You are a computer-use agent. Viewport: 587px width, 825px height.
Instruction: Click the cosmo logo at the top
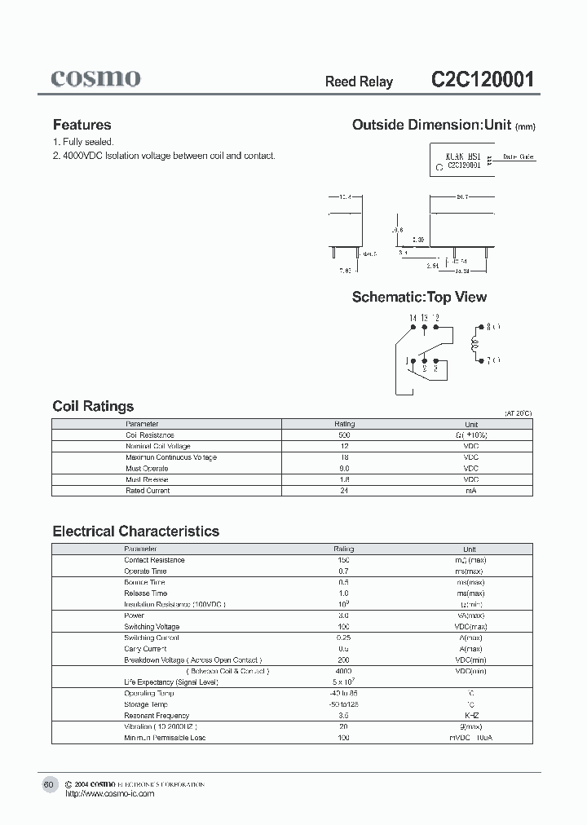(95, 78)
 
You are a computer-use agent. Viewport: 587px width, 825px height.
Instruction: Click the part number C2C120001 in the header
(482, 80)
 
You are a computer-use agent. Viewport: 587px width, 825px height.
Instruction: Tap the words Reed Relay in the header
(359, 82)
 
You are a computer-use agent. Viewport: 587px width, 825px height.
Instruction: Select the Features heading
(82, 125)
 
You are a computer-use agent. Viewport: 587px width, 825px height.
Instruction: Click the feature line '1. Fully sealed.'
(83, 142)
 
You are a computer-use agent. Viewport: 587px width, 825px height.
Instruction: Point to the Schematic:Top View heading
(419, 297)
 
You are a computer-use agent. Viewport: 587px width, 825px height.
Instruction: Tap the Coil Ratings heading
(93, 406)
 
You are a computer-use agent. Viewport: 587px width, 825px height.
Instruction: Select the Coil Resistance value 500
(344, 435)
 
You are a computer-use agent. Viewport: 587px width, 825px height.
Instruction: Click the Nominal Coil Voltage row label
(157, 446)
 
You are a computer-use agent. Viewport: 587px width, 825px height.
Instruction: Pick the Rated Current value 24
(344, 491)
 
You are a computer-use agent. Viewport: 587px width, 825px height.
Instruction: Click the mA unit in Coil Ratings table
(471, 491)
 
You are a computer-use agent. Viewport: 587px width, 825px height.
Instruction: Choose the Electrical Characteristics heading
(135, 531)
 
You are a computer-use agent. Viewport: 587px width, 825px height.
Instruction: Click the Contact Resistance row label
(154, 560)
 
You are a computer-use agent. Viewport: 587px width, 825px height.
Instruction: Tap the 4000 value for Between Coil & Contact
(344, 671)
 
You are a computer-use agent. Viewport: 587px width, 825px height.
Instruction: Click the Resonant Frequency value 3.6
(344, 715)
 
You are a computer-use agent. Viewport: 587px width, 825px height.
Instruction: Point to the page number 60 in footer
(48, 784)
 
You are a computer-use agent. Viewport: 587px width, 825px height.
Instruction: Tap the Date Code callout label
(519, 157)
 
